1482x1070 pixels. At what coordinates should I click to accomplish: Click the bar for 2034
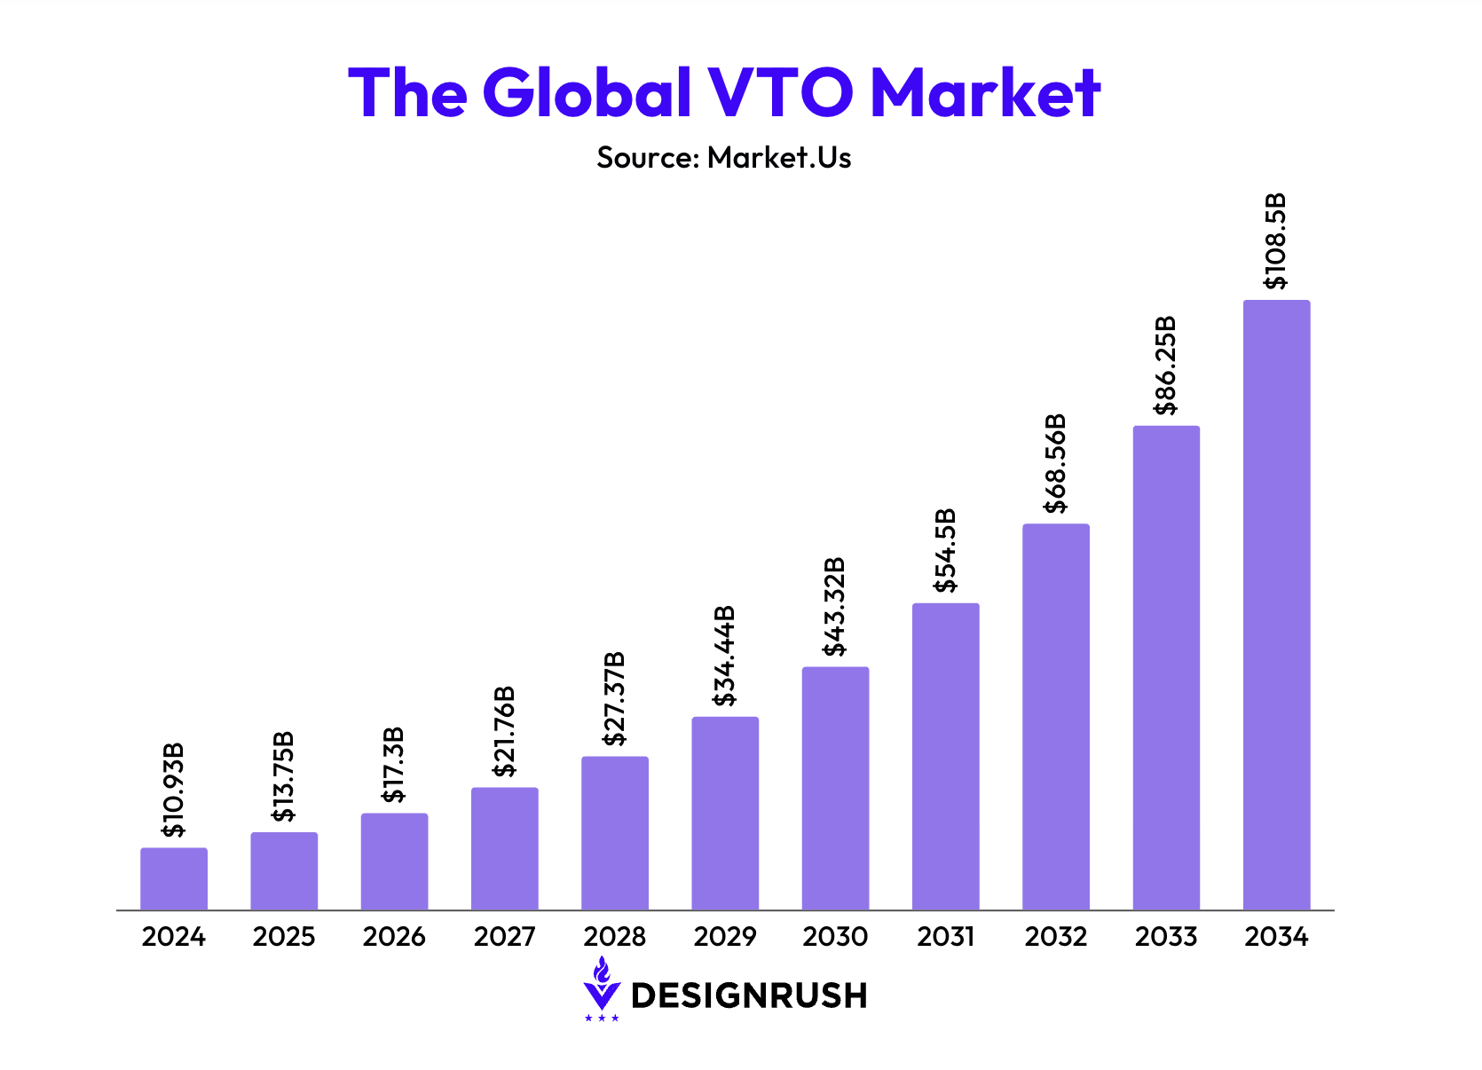pyautogui.click(x=1276, y=605)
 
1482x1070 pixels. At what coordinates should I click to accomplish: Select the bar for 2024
pyautogui.click(x=174, y=878)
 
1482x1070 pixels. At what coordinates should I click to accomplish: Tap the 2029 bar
pyautogui.click(x=725, y=813)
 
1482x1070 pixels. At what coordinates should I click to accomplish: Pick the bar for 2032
pyautogui.click(x=1055, y=717)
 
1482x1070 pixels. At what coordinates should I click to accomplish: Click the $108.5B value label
pyautogui.click(x=1275, y=241)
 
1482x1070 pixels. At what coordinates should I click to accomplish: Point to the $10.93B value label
pyautogui.click(x=174, y=790)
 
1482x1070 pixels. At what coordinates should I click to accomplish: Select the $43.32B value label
pyautogui.click(x=835, y=607)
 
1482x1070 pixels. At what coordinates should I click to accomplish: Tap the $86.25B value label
pyautogui.click(x=1165, y=365)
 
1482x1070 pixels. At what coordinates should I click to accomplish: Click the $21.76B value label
pyautogui.click(x=505, y=731)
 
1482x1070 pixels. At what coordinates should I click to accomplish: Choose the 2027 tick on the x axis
pyautogui.click(x=504, y=937)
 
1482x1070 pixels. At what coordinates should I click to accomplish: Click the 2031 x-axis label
pyautogui.click(x=945, y=937)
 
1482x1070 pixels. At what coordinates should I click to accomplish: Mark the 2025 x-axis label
pyautogui.click(x=284, y=937)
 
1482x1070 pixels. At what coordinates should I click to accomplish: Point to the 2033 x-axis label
pyautogui.click(x=1165, y=937)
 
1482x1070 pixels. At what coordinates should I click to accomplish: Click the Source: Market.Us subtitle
pyautogui.click(x=723, y=158)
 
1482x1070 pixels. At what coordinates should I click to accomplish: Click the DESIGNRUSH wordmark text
pyautogui.click(x=748, y=995)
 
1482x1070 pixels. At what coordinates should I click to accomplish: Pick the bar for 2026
pyautogui.click(x=394, y=862)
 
